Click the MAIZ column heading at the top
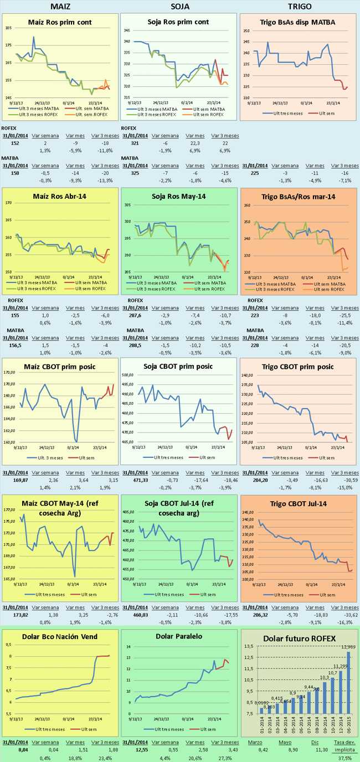[60, 6]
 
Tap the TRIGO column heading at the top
[300, 6]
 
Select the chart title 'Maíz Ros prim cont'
[60, 22]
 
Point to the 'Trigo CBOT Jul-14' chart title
[300, 503]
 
